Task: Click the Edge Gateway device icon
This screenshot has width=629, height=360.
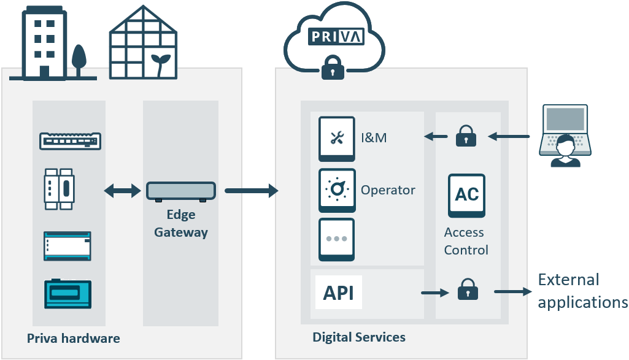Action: [181, 192]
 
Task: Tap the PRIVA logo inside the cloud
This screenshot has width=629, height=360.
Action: [336, 36]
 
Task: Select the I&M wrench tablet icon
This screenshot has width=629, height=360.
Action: [337, 139]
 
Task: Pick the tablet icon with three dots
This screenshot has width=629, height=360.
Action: [337, 239]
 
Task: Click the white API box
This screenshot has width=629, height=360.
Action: [338, 293]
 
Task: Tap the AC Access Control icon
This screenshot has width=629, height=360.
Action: [467, 195]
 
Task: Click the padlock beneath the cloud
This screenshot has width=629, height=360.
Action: [332, 67]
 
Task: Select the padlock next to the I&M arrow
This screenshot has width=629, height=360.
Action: [466, 137]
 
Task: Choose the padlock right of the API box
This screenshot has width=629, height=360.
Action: [468, 290]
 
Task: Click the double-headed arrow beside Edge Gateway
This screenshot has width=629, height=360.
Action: [123, 191]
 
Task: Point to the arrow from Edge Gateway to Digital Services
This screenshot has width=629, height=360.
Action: [252, 191]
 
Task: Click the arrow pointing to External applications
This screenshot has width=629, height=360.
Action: [513, 292]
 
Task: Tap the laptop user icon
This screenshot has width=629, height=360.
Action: [565, 137]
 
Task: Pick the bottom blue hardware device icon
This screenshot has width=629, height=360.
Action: [68, 294]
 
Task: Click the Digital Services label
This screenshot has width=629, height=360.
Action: [359, 337]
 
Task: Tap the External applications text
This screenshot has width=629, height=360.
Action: [582, 291]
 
